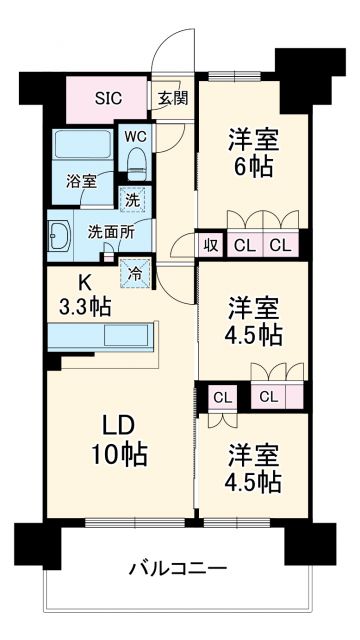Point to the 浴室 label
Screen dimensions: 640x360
coord(81,181)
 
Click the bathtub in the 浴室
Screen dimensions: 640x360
coord(82,150)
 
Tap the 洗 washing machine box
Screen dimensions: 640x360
coord(131,199)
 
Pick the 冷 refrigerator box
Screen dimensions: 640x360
coord(132,270)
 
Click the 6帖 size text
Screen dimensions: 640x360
coord(252,167)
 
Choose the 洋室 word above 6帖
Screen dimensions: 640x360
coord(252,138)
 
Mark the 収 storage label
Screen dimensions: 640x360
coord(212,243)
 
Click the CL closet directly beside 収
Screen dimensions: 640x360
coord(243,243)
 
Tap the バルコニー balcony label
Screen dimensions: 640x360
coord(177,569)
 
